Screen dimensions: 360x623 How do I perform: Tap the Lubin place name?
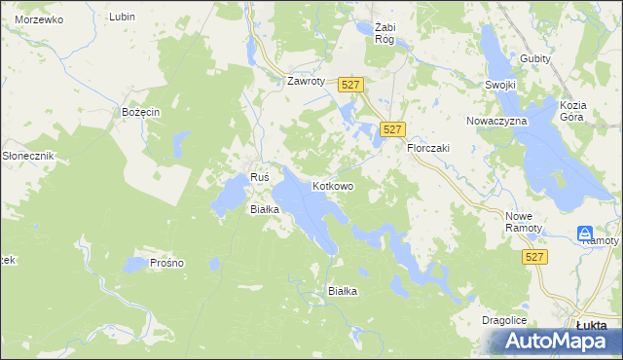pyautogui.click(x=122, y=17)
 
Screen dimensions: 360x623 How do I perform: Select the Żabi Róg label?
pyautogui.click(x=375, y=33)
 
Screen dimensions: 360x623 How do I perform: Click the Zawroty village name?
pyautogui.click(x=304, y=81)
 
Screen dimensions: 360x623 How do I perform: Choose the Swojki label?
pyautogui.click(x=499, y=85)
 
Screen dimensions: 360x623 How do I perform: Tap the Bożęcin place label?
pyautogui.click(x=140, y=112)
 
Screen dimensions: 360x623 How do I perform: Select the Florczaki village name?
pyautogui.click(x=427, y=147)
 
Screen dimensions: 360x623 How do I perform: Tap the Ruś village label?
pyautogui.click(x=259, y=177)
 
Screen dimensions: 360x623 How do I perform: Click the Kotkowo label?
pyautogui.click(x=332, y=185)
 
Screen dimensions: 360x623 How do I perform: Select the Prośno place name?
pyautogui.click(x=166, y=263)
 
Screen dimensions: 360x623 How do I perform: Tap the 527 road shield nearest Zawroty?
pyautogui.click(x=351, y=86)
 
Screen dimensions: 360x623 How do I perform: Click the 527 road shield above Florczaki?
pyautogui.click(x=392, y=128)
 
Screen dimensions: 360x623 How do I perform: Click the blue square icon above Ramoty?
pyautogui.click(x=584, y=234)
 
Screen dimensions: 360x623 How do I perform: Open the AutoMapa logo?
pyautogui.click(x=554, y=341)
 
